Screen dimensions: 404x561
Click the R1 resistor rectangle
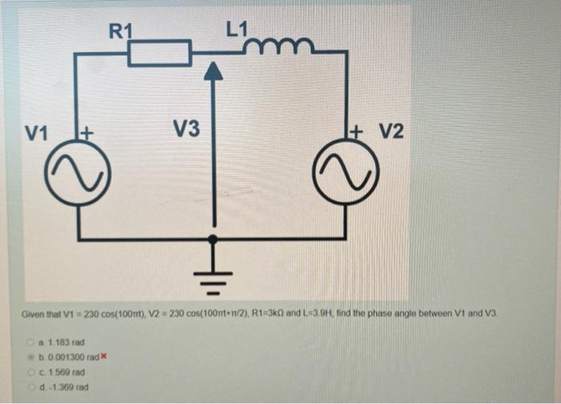point(159,54)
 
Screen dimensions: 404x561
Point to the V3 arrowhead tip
point(212,69)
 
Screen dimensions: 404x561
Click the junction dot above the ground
point(212,239)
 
